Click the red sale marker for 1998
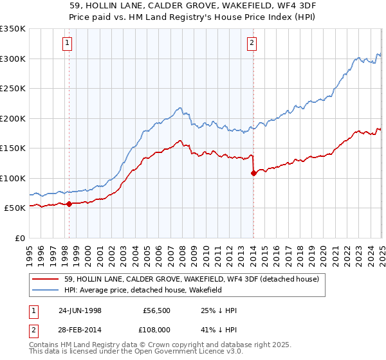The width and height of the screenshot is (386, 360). (x=69, y=204)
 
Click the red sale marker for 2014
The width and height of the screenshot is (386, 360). (x=253, y=173)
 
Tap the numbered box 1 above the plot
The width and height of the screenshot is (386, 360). (x=68, y=44)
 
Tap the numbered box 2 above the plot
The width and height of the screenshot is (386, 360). (x=252, y=44)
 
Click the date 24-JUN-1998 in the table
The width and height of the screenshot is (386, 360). (x=82, y=310)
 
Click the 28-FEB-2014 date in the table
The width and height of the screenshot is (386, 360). (x=82, y=328)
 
